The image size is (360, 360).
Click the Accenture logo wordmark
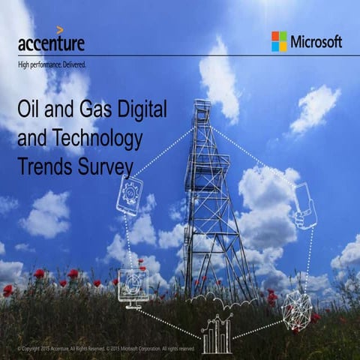coord(51,43)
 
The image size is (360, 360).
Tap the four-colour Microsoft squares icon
coord(279,41)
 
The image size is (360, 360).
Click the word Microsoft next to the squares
coord(316,41)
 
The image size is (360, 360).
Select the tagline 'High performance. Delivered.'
coord(52,65)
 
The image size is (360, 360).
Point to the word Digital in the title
coord(142,110)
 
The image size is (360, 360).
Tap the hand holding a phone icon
coord(304,206)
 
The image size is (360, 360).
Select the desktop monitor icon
coord(133,286)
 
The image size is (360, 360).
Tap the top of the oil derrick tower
coord(201,105)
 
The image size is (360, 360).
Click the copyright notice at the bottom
coord(105,349)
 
